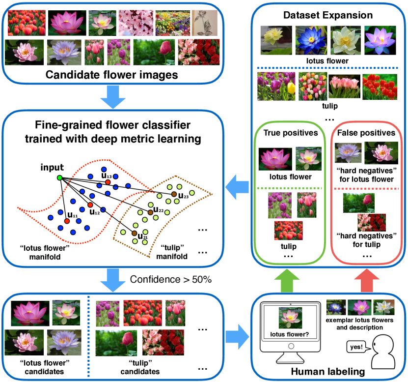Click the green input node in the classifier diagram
[x=59, y=177]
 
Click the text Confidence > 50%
[x=170, y=280]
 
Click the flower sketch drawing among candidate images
[x=201, y=22]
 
